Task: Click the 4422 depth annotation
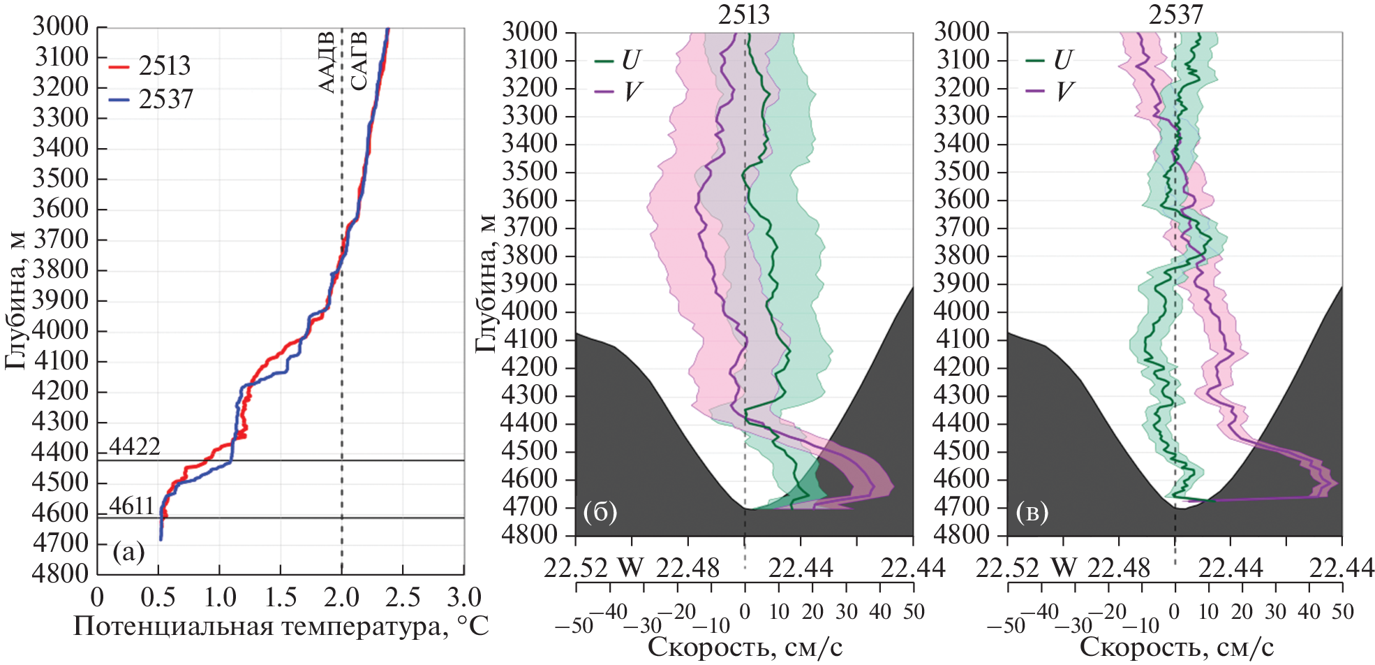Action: point(135,446)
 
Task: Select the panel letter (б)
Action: point(600,512)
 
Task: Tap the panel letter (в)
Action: point(1032,512)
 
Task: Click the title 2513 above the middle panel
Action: point(744,14)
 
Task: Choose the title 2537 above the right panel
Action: point(1175,14)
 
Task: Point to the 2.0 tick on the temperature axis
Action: point(342,597)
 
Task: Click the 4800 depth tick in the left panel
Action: point(61,573)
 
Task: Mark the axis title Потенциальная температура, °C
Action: point(281,626)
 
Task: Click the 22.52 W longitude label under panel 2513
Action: point(593,568)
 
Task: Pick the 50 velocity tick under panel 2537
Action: point(1342,612)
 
